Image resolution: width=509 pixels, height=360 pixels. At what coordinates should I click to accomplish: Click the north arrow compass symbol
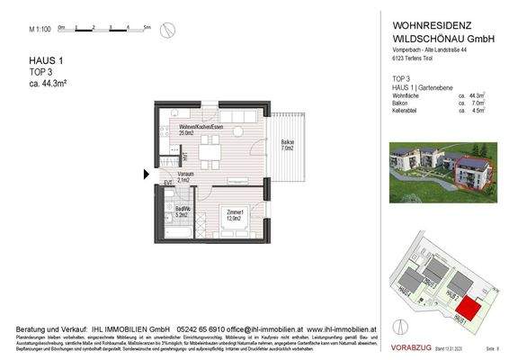(x=166, y=30)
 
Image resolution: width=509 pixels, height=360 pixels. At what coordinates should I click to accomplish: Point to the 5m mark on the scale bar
(x=147, y=28)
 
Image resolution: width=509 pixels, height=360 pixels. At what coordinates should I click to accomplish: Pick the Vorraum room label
(x=185, y=175)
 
